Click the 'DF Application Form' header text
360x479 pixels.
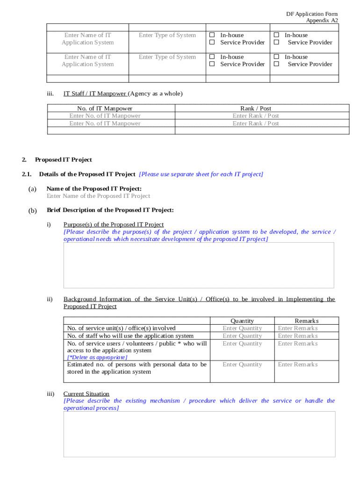[x=312, y=14]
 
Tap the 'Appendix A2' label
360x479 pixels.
[x=322, y=21]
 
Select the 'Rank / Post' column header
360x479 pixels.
[x=255, y=109]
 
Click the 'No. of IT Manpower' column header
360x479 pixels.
[x=105, y=109]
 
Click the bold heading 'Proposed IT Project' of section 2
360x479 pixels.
[x=64, y=160]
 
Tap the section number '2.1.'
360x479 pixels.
[x=27, y=174]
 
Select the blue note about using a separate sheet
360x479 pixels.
[x=201, y=174]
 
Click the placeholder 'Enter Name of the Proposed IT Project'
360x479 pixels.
[x=98, y=196]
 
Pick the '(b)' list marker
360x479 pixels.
[x=33, y=210]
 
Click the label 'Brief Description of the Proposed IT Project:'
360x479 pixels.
[x=110, y=210]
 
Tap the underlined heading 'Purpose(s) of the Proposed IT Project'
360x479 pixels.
[x=114, y=225]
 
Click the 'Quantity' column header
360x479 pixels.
[x=242, y=321]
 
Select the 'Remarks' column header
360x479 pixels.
[x=307, y=321]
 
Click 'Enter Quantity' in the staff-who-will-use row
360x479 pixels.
[x=242, y=336]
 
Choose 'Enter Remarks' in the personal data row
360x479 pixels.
[x=298, y=364]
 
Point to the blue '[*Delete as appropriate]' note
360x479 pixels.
[x=97, y=357]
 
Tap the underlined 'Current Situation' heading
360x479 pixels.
[x=86, y=394]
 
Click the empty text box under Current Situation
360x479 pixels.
[x=199, y=434]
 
